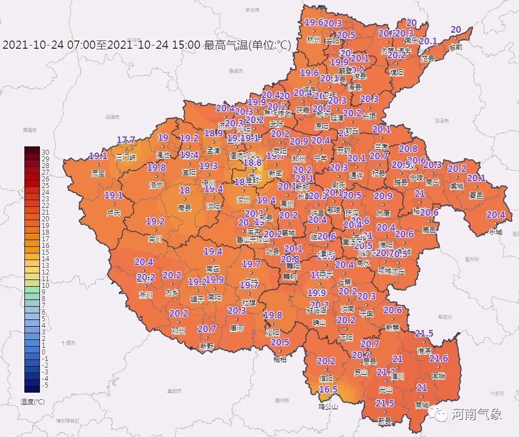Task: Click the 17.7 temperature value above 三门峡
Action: (126, 140)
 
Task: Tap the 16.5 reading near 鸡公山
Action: (328, 390)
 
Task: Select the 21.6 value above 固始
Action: (438, 359)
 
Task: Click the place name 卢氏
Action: (113, 212)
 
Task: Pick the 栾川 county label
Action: (155, 239)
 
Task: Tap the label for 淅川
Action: (145, 295)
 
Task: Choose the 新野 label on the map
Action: (206, 346)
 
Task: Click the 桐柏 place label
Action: (280, 359)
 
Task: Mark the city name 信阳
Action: (325, 379)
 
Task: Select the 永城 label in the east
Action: (495, 232)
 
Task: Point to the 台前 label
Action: (455, 47)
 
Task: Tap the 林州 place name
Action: (313, 40)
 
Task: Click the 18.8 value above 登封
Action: (252, 162)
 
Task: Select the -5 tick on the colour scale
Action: (45, 385)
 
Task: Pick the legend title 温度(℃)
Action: (33, 401)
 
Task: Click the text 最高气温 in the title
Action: (225, 45)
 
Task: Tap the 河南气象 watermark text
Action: (476, 414)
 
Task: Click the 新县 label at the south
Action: (384, 421)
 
